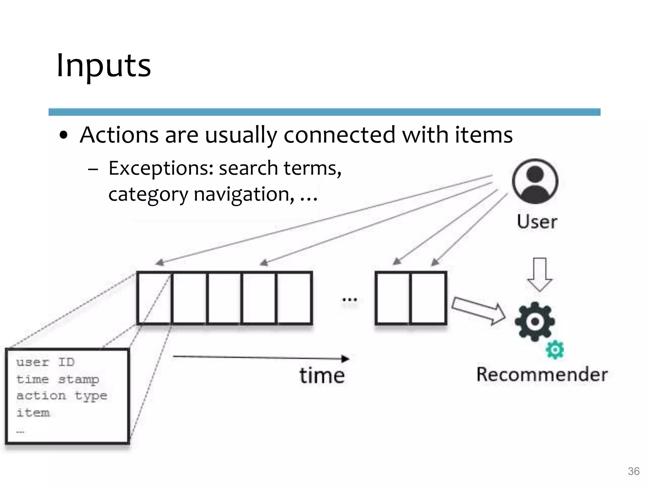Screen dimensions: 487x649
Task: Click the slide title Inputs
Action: [x=104, y=66]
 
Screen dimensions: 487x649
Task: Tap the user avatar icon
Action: [x=535, y=181]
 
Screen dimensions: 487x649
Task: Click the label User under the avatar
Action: [x=537, y=222]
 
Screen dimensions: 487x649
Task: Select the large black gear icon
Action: [x=535, y=321]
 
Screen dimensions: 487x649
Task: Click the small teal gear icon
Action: [x=555, y=350]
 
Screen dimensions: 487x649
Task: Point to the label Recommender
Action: [x=542, y=374]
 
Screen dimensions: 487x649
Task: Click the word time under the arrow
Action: [x=322, y=376]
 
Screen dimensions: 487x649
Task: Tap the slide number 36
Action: [x=633, y=471]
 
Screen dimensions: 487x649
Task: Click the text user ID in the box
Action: [x=45, y=362]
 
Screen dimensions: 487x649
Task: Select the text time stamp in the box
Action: [x=58, y=379]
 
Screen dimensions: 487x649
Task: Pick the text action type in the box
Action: [x=62, y=396]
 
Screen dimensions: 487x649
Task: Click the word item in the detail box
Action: [x=33, y=413]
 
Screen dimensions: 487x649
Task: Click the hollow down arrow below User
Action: [x=540, y=274]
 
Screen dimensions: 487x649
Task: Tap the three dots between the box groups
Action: [x=350, y=299]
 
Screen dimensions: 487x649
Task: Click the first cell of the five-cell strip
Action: [x=155, y=298]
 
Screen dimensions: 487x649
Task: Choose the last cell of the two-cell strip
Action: [x=428, y=298]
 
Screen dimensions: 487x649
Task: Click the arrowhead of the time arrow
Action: [x=345, y=359]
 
